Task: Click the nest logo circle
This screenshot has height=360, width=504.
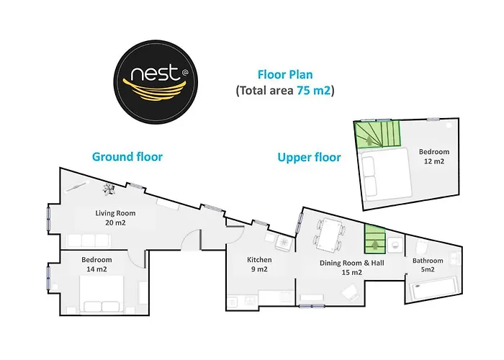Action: point(156,82)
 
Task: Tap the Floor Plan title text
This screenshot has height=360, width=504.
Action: point(285,75)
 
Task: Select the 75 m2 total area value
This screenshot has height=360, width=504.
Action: point(313,91)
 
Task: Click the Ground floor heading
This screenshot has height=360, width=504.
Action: point(127,157)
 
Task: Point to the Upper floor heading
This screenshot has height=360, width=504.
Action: point(309,158)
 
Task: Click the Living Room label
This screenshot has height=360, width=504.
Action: point(115,213)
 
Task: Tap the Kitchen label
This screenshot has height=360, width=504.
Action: point(259,260)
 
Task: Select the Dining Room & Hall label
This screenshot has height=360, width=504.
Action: point(351,263)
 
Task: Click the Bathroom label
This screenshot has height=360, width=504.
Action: point(428,261)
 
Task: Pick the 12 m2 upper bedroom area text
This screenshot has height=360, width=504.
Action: point(434,161)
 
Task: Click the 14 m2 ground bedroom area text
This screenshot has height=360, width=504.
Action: point(96,269)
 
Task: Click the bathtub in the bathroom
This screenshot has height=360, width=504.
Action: point(433,288)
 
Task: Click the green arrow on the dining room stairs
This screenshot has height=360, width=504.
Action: point(375,245)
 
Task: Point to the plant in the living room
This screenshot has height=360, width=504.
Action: point(109,189)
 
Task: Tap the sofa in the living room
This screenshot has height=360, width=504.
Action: point(88,240)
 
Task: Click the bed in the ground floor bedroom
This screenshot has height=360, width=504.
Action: point(102,294)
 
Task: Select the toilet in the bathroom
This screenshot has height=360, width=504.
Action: point(421,246)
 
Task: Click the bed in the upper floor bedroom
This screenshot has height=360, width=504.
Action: point(386,174)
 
